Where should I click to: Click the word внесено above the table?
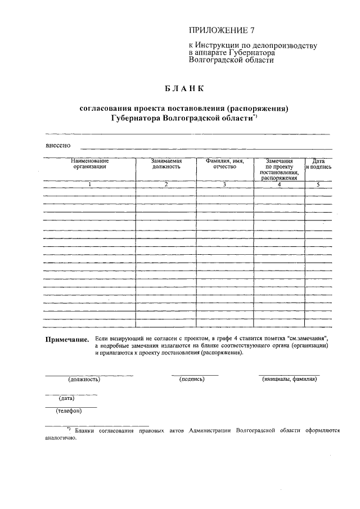click(58, 146)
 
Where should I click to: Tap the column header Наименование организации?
click(89, 164)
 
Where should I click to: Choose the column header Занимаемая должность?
click(166, 164)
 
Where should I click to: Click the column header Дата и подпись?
click(318, 164)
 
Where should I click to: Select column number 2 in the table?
click(166, 184)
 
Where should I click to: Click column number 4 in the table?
click(279, 184)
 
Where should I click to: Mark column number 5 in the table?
click(318, 184)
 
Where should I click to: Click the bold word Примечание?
click(67, 340)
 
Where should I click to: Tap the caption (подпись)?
click(192, 379)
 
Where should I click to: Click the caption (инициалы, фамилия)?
click(290, 379)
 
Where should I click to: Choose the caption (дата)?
click(67, 398)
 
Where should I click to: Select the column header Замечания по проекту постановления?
click(279, 169)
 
